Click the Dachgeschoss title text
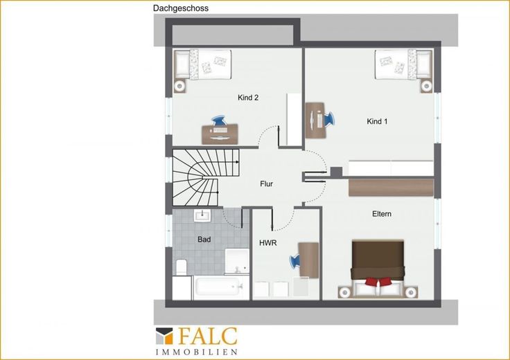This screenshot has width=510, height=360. click(181, 8)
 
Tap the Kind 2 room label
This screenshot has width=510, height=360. click(248, 98)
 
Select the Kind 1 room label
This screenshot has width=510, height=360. click(377, 122)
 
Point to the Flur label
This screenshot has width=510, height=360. click(266, 184)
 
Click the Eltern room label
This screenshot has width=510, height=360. click(382, 214)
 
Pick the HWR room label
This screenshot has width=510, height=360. click(268, 243)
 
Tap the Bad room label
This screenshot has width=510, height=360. click(204, 240)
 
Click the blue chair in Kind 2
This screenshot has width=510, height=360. click(218, 120)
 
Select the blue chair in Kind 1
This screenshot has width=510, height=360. click(328, 119)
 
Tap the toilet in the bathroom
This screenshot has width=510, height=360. click(181, 267)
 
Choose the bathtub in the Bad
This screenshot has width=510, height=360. click(221, 287)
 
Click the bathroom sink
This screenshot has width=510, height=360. click(202, 215)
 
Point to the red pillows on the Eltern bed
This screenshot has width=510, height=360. click(378, 281)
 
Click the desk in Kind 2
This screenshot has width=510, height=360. click(220, 134)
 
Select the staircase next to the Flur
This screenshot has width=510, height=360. click(205, 177)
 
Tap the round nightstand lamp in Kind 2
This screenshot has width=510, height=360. click(179, 86)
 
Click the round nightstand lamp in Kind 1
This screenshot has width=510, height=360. click(426, 86)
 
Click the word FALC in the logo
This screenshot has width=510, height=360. click(208, 336)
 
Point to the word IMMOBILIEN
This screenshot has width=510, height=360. click(197, 352)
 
